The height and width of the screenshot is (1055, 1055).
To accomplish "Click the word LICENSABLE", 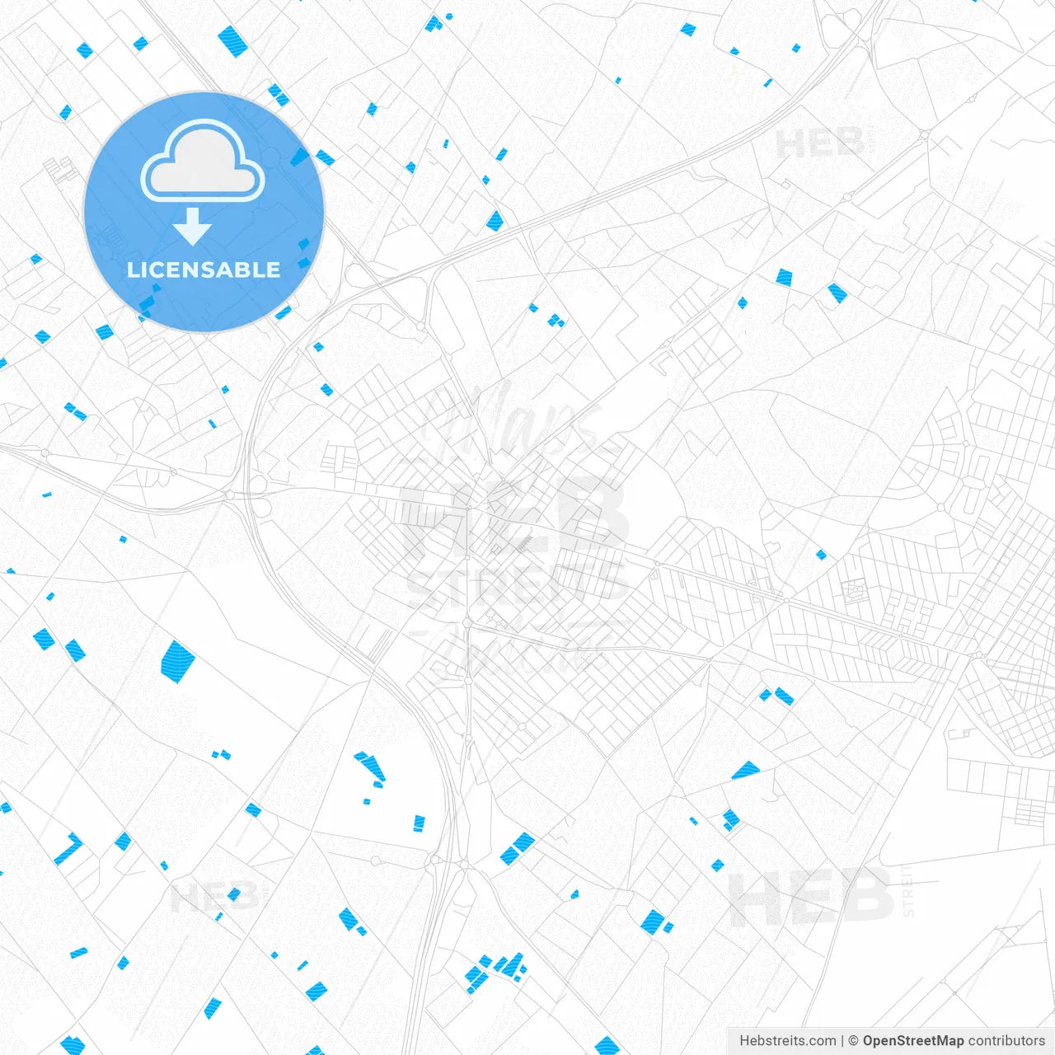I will pyautogui.click(x=204, y=270).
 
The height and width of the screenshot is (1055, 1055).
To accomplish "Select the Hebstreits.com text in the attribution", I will pyautogui.click(x=787, y=1041).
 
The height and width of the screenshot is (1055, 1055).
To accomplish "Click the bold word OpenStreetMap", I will pyautogui.click(x=913, y=1041).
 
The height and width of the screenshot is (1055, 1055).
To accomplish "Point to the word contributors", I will pyautogui.click(x=1006, y=1041).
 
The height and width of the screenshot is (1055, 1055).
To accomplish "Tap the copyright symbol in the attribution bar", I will pyautogui.click(x=854, y=1041).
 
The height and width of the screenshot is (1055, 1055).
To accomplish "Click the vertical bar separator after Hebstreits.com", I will pyautogui.click(x=842, y=1041).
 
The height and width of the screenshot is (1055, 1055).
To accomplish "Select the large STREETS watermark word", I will pyautogui.click(x=518, y=583).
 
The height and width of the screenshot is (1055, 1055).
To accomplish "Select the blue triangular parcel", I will pyautogui.click(x=746, y=771).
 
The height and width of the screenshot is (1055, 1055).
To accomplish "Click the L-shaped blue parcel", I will pyautogui.click(x=68, y=849).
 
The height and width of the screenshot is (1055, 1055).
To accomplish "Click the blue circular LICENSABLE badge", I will pyautogui.click(x=204, y=213).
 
